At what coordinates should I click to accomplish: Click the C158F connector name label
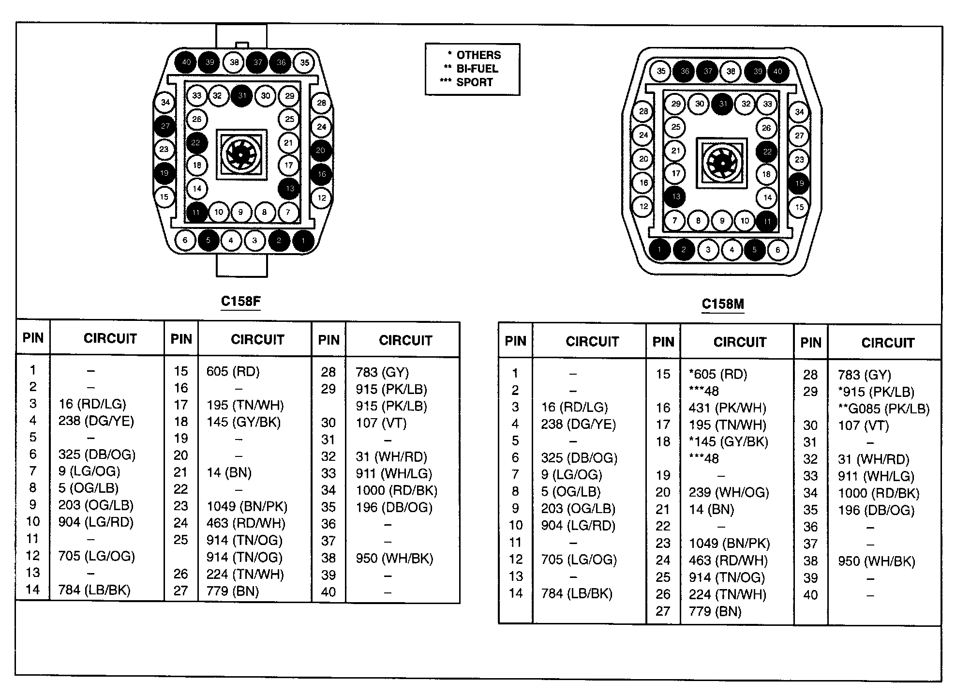pos(240,301)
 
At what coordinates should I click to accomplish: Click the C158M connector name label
pos(722,304)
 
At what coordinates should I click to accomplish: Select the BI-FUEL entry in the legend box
pos(477,69)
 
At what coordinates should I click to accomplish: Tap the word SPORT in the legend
pos(474,82)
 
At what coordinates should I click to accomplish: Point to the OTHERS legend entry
pos(478,55)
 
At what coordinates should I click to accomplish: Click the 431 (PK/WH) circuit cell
pos(727,408)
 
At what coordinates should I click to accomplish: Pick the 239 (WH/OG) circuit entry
pos(729,492)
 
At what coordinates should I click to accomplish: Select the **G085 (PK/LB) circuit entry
pos(883,409)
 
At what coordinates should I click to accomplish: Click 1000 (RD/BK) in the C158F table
pos(396,490)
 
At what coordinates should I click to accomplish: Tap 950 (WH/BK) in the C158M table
pos(876,561)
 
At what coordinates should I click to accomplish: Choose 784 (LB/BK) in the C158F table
pos(94,590)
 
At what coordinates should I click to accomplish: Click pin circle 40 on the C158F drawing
pos(186,61)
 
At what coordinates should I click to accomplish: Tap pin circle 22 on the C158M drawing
pos(767,152)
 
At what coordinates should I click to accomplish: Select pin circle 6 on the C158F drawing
pos(185,240)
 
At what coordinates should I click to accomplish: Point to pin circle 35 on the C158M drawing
pos(661,71)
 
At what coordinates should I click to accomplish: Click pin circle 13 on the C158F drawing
pos(290,188)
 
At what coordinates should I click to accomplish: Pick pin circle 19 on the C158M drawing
pos(799,183)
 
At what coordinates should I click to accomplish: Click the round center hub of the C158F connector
pos(241,154)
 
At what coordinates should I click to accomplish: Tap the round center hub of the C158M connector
pos(722,163)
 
